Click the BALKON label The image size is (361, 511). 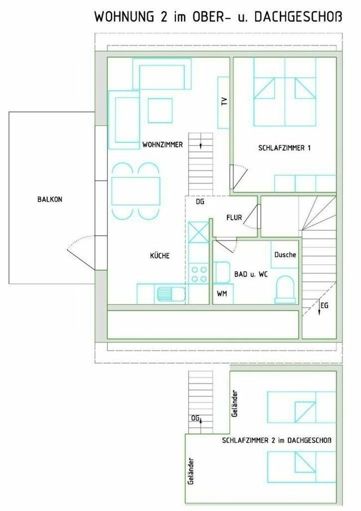(x=50, y=199)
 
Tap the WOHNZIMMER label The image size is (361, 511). (x=162, y=145)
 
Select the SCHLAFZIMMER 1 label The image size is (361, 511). (x=285, y=149)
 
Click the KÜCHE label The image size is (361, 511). (x=160, y=256)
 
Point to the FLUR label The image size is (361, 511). (x=235, y=217)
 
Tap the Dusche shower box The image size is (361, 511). (x=285, y=255)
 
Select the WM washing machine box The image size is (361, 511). (x=222, y=294)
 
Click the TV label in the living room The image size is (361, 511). (x=224, y=102)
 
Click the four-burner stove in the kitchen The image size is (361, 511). (x=199, y=274)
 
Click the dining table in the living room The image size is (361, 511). (x=135, y=191)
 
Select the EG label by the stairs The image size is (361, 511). (x=324, y=305)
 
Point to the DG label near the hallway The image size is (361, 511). (x=200, y=202)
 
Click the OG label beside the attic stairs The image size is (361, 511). (x=195, y=418)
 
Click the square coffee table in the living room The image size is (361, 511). (x=160, y=111)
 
